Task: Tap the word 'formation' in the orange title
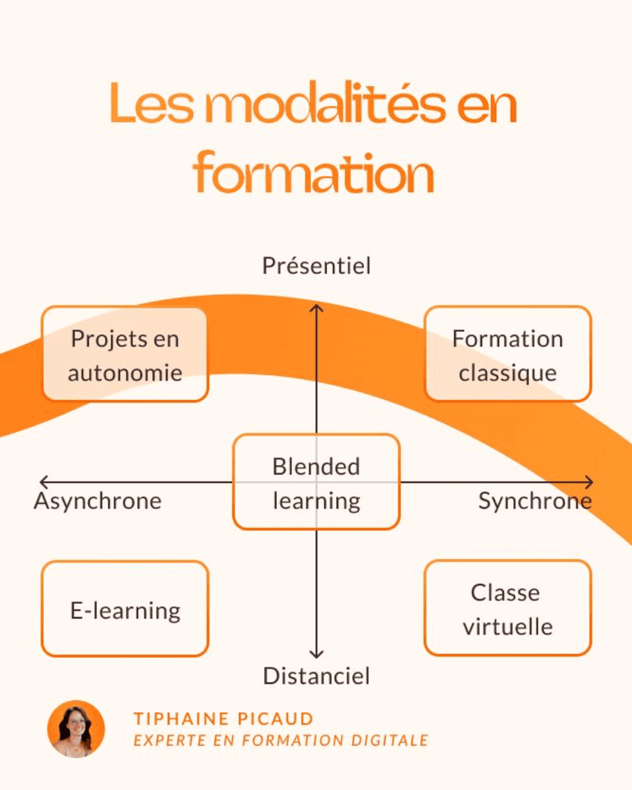click(313, 172)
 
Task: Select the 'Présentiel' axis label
click(317, 266)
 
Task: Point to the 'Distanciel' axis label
click(316, 676)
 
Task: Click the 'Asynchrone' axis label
click(98, 502)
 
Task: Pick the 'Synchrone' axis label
click(535, 502)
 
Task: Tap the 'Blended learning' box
click(316, 482)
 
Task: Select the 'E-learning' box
click(125, 609)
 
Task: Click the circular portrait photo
click(76, 729)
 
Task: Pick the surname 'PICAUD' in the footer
click(276, 719)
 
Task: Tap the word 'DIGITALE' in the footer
click(390, 740)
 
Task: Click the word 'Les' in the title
click(152, 103)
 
